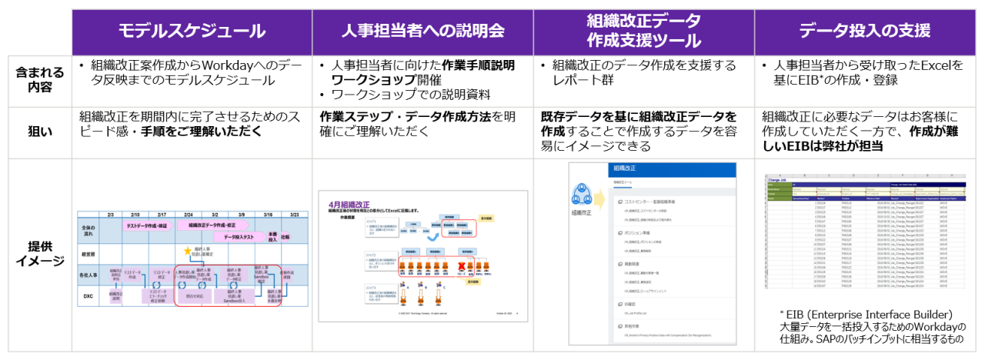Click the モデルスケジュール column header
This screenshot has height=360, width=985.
192,32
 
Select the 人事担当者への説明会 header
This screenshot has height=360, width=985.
422,32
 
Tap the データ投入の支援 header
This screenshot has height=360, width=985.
865,32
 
